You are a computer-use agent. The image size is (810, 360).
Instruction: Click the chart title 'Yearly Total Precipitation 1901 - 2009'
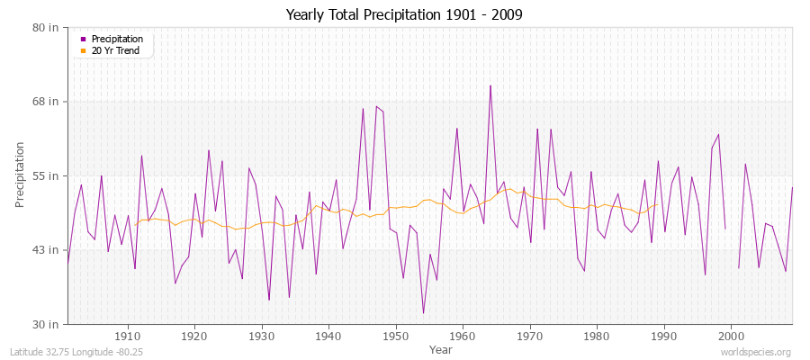[404, 14]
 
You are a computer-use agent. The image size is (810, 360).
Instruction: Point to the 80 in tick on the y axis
[45, 27]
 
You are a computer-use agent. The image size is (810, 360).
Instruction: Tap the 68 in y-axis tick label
[45, 102]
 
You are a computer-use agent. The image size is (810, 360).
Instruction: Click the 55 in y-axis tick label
[45, 175]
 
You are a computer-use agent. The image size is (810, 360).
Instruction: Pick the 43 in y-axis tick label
[45, 249]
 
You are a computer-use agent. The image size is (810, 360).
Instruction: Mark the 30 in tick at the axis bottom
[45, 324]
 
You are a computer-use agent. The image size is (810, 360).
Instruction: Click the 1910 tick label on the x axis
[128, 337]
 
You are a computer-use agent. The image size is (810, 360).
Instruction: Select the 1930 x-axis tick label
[262, 337]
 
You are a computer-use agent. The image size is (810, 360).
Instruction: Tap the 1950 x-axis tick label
[396, 337]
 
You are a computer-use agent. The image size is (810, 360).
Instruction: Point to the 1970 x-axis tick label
[530, 337]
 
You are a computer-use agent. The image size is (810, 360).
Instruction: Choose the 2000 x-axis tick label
[731, 337]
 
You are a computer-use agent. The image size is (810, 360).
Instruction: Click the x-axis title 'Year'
[441, 348]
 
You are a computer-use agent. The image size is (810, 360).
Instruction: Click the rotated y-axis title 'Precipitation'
[21, 175]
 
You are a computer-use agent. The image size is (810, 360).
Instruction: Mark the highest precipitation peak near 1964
[490, 85]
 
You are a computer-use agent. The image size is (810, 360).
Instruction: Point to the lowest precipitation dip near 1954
[423, 313]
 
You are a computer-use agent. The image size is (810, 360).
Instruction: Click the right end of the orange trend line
[658, 204]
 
